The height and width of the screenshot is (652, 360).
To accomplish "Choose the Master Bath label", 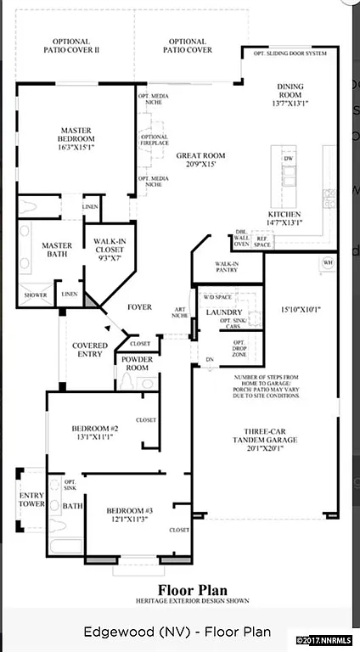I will (56, 250).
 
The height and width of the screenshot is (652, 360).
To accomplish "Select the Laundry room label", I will (224, 312).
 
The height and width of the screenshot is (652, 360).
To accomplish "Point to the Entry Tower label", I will (32, 500).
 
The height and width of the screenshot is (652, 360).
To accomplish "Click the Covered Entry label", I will (89, 350).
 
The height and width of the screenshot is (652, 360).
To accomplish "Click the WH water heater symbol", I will (327, 263).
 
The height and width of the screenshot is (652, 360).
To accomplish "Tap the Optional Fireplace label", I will (154, 141).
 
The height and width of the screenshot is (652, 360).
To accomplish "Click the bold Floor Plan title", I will (178, 589).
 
